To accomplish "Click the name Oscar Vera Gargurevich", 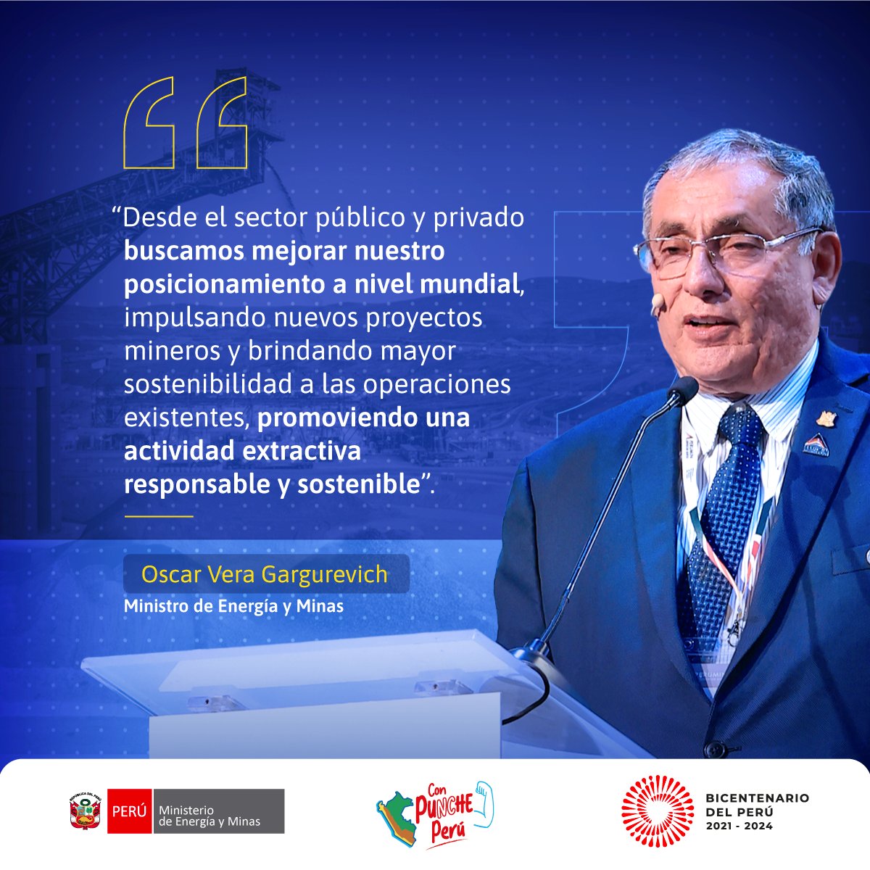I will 265,575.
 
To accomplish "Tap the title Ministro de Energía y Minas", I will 233,605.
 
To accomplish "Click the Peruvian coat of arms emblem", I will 85,811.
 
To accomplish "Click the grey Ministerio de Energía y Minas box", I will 217,811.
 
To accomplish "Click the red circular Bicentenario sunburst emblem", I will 657,811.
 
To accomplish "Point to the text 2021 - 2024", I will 739,826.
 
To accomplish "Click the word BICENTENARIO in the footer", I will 757,798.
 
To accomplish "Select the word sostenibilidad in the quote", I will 210,384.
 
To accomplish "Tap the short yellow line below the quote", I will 158,516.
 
